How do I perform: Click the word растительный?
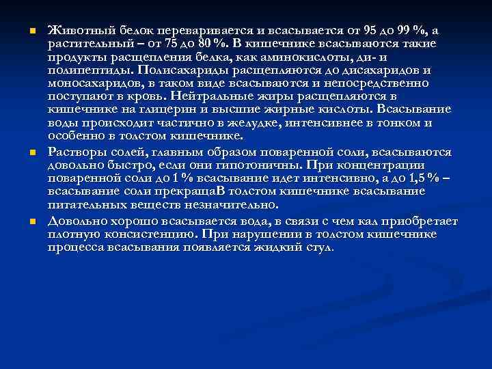pyautogui.click(x=84, y=44)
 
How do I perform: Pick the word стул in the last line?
pyautogui.click(x=318, y=247)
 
